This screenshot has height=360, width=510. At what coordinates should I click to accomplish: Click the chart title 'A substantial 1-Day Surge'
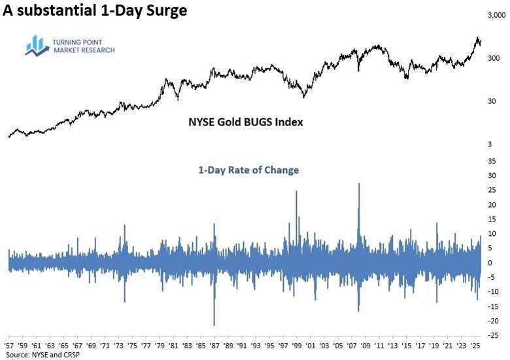(95, 10)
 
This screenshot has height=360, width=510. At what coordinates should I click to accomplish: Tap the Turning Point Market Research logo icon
(37, 46)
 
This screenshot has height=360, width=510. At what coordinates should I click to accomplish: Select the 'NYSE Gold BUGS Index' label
(246, 122)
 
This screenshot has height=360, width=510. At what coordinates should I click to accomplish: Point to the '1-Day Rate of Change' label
(248, 170)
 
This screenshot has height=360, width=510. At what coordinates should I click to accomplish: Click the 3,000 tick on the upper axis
(497, 15)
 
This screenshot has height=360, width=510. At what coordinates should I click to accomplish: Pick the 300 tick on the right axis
(494, 59)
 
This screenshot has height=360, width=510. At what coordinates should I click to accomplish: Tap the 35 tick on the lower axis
(492, 161)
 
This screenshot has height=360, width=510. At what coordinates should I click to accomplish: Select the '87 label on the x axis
(214, 346)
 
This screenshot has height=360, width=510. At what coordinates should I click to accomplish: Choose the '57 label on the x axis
(8, 346)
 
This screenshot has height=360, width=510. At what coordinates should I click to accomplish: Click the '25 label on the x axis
(475, 346)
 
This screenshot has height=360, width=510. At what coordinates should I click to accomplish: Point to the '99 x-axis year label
(297, 346)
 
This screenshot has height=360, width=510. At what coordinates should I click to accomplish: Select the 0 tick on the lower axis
(490, 263)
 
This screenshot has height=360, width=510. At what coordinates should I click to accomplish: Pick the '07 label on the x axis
(352, 346)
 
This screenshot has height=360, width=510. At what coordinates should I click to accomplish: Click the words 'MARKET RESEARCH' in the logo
(84, 50)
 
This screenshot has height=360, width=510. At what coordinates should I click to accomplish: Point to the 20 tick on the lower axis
(492, 205)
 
